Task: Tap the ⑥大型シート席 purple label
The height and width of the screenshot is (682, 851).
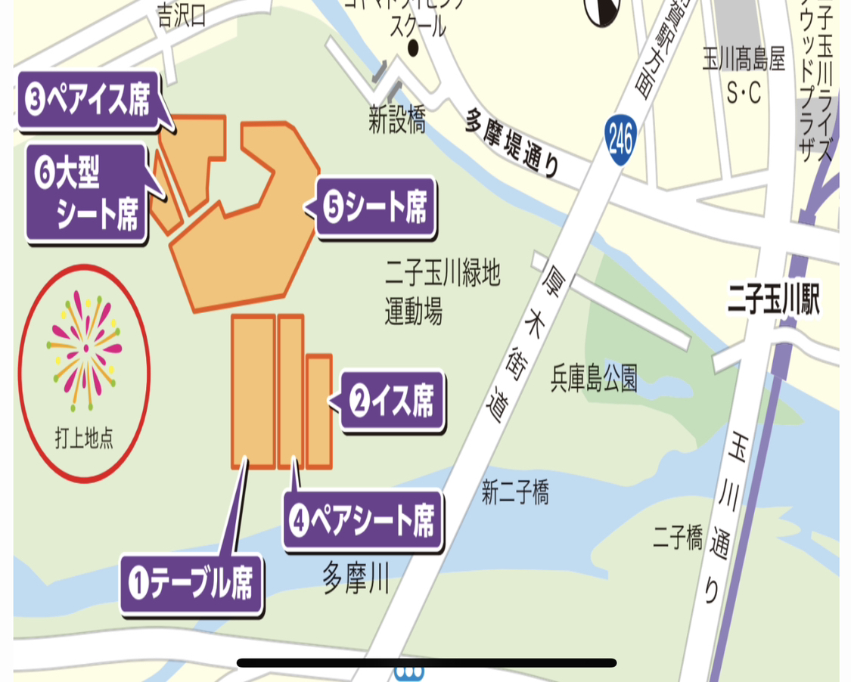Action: pos(86,194)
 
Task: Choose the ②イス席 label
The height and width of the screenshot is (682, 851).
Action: pos(393,402)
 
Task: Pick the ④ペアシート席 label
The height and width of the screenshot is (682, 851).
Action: pos(362,520)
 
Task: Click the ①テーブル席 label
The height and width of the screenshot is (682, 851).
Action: pos(191,584)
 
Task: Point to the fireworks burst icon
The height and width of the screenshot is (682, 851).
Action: pos(85,349)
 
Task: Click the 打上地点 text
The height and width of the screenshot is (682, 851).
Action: pos(84,439)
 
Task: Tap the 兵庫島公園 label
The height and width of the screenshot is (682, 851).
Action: pos(594,378)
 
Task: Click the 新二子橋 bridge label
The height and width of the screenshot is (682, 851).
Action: pos(515,493)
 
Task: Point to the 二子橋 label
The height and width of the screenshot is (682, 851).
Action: pos(678,538)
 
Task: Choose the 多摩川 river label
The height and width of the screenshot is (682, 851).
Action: pos(356,578)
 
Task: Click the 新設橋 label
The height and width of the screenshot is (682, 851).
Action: pos(397,120)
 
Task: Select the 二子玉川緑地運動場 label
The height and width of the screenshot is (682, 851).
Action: pos(443,292)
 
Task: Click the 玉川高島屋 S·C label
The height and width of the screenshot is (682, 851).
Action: pos(744,76)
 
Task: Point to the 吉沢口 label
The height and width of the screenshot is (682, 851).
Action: pos(182,16)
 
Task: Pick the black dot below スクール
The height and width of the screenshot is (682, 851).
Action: pos(413,48)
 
